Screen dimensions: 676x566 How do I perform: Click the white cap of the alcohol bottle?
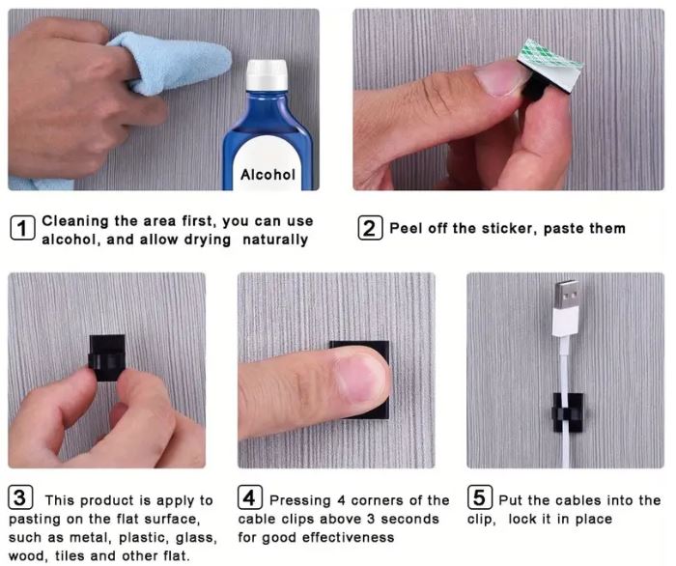click(x=267, y=74)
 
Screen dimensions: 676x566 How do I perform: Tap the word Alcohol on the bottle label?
click(x=268, y=175)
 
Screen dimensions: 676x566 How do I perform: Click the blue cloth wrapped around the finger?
click(x=169, y=63)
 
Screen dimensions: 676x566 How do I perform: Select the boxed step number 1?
click(x=22, y=228)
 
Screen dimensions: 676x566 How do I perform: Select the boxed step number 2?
click(x=370, y=228)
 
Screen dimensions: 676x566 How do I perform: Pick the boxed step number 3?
click(x=20, y=497)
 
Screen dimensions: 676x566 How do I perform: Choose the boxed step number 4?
click(x=250, y=497)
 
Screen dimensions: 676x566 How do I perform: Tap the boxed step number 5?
click(x=480, y=497)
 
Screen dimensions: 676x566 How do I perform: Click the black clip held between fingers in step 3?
click(x=107, y=357)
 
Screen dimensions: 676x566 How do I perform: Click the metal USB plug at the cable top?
click(x=566, y=295)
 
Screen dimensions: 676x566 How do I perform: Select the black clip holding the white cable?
click(x=568, y=412)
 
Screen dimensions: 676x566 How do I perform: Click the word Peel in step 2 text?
click(x=406, y=228)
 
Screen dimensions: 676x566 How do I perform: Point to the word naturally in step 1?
click(x=275, y=240)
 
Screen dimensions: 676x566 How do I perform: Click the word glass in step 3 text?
click(x=195, y=538)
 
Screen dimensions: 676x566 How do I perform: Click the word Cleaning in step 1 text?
click(x=75, y=221)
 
